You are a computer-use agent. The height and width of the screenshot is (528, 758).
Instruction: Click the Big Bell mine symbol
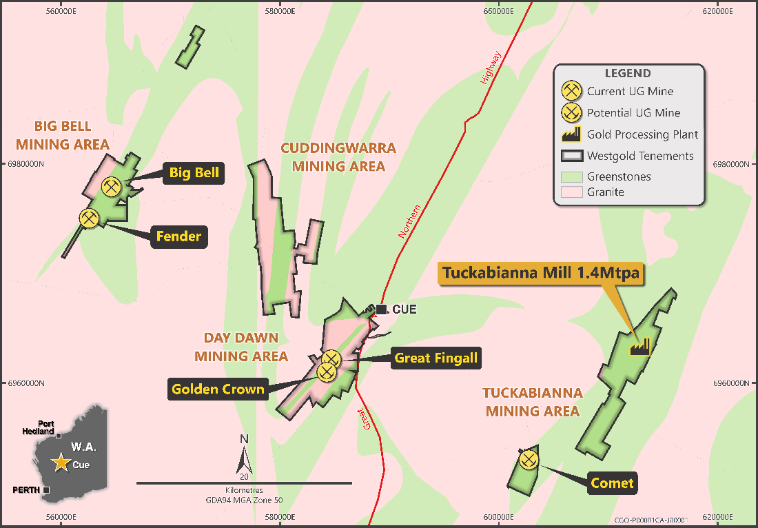[x=111, y=186]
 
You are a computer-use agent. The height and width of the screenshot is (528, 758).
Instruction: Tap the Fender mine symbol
[x=89, y=219]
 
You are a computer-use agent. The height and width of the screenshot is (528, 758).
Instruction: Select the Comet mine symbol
[x=529, y=459]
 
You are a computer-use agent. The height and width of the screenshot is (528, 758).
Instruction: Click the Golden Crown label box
[x=218, y=389]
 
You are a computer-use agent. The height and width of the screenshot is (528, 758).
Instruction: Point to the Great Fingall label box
[x=436, y=358]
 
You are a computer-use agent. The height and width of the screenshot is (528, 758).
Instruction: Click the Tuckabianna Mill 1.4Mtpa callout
[x=541, y=272]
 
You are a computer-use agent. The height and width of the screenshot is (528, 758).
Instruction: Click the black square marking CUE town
[x=381, y=309]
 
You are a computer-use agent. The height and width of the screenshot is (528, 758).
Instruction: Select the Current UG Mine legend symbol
[x=571, y=91]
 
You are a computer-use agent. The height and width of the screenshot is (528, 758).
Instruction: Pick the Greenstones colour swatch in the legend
[x=571, y=177]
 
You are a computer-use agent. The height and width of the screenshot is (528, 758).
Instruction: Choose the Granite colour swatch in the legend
[x=571, y=192]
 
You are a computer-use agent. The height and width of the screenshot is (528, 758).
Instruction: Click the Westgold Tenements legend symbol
[x=571, y=156]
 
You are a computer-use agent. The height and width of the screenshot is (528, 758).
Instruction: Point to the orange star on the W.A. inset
[x=61, y=463]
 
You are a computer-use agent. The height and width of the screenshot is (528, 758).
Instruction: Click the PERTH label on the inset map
[x=27, y=489]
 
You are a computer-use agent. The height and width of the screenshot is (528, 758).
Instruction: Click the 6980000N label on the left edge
[x=25, y=165]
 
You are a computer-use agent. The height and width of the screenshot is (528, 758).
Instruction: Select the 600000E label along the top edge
[x=498, y=10]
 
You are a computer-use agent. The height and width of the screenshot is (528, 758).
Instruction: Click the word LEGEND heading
[x=627, y=74]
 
